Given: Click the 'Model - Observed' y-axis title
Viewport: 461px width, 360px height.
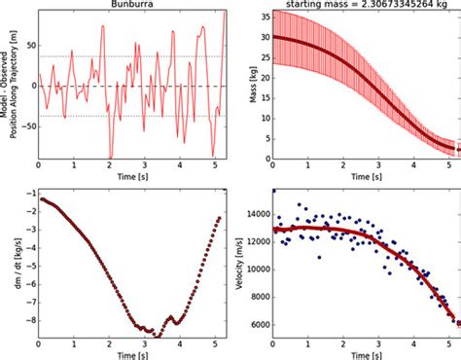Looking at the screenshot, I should click(8, 85).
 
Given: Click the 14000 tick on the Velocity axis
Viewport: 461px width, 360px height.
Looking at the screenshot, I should click(255, 209).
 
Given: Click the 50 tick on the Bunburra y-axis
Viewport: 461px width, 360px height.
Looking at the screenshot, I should click(28, 45).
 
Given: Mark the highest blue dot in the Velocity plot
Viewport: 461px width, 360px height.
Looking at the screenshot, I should click(273, 191).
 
